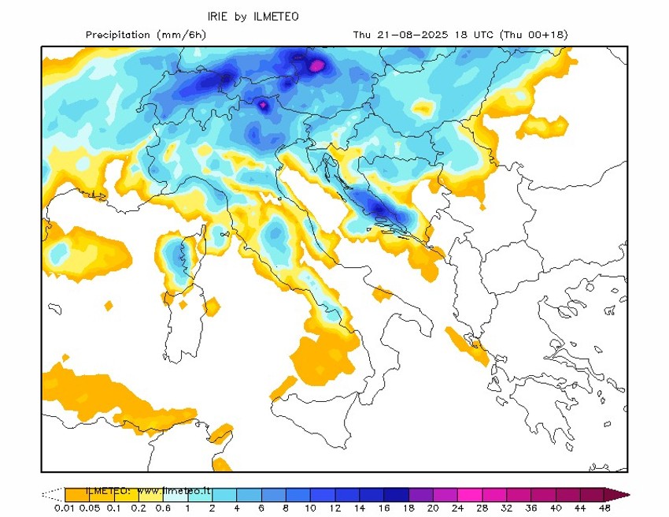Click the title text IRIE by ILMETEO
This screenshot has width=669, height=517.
tap(253, 17)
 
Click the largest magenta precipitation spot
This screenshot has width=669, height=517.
tap(318, 65)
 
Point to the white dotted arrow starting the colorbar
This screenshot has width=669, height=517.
tap(52, 495)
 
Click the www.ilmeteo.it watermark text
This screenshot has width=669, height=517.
tap(174, 490)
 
